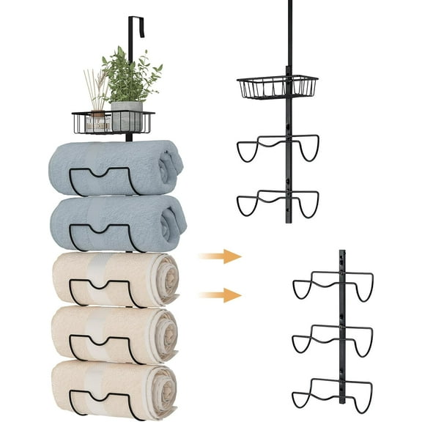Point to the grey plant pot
[x=127, y=116]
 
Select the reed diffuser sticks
[x=95, y=88]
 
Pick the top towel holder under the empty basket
[x=278, y=147]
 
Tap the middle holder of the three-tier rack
[x=333, y=338]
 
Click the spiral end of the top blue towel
[x=171, y=164]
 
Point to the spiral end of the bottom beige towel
[x=166, y=387]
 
